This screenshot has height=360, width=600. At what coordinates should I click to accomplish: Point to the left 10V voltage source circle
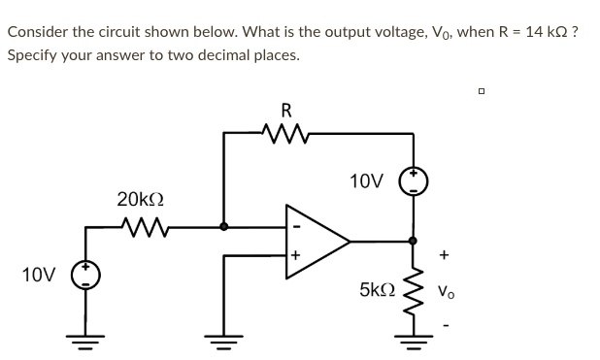point(87,275)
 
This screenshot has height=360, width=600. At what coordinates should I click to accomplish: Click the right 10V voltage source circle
point(413,181)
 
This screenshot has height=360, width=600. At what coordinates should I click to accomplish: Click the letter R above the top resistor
point(285,108)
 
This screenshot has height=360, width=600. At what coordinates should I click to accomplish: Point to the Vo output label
point(445,290)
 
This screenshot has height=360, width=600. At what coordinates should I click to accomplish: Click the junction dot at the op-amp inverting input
point(224,227)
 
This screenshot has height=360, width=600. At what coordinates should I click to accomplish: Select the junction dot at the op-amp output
point(413,240)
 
